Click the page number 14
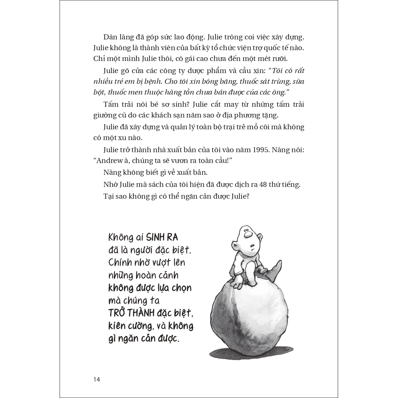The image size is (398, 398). [x=97, y=379]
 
